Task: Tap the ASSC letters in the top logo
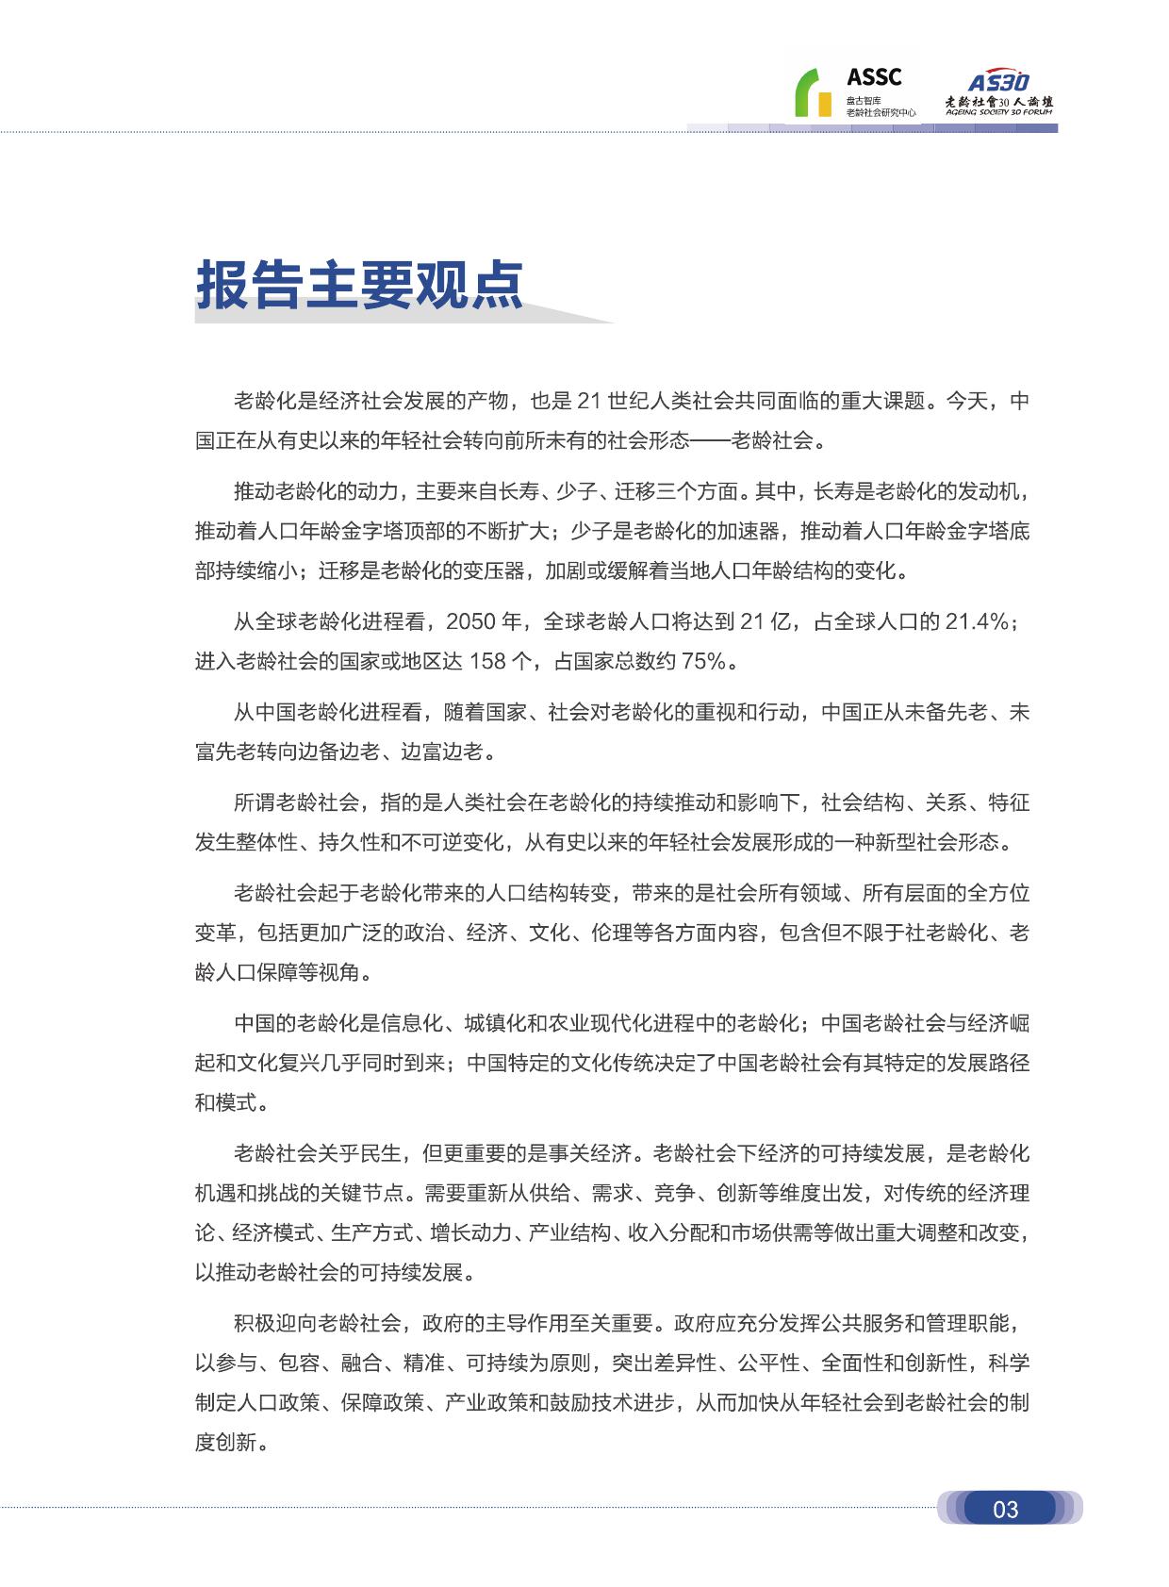tap(873, 77)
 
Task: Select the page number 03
tap(1006, 1510)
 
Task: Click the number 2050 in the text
tap(470, 621)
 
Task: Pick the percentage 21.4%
tap(980, 621)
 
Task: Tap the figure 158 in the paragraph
tap(487, 661)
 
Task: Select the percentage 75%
tap(703, 661)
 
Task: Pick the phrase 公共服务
tap(841, 1323)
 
